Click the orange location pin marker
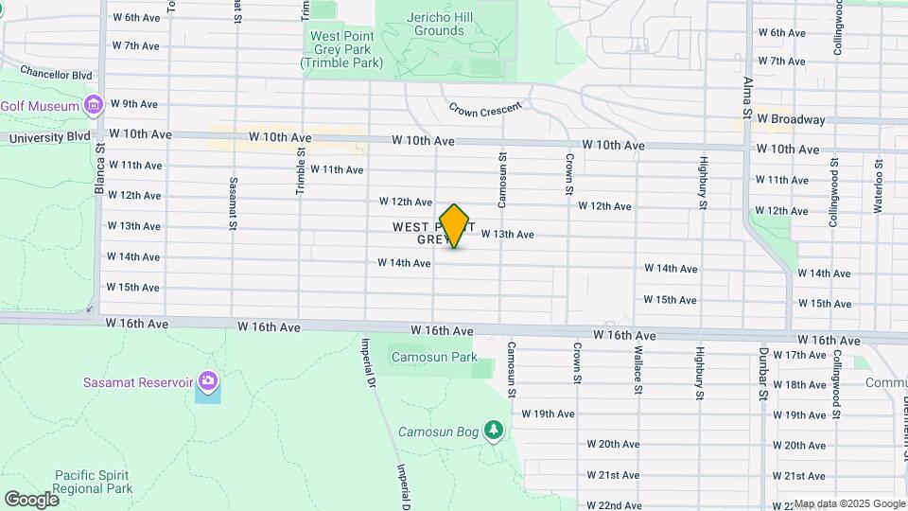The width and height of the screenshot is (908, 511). tap(455, 226)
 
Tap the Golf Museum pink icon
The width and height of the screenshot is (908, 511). tap(93, 105)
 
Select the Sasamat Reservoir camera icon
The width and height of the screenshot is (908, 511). tap(207, 382)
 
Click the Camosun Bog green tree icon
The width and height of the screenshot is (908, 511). tap(493, 432)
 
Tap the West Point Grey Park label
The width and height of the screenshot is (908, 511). tap(341, 49)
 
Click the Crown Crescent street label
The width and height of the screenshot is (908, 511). tap(484, 110)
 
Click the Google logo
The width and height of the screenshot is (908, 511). tap(31, 499)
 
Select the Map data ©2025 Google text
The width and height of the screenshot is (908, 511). tap(848, 503)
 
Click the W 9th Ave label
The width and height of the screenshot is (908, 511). tap(134, 104)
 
